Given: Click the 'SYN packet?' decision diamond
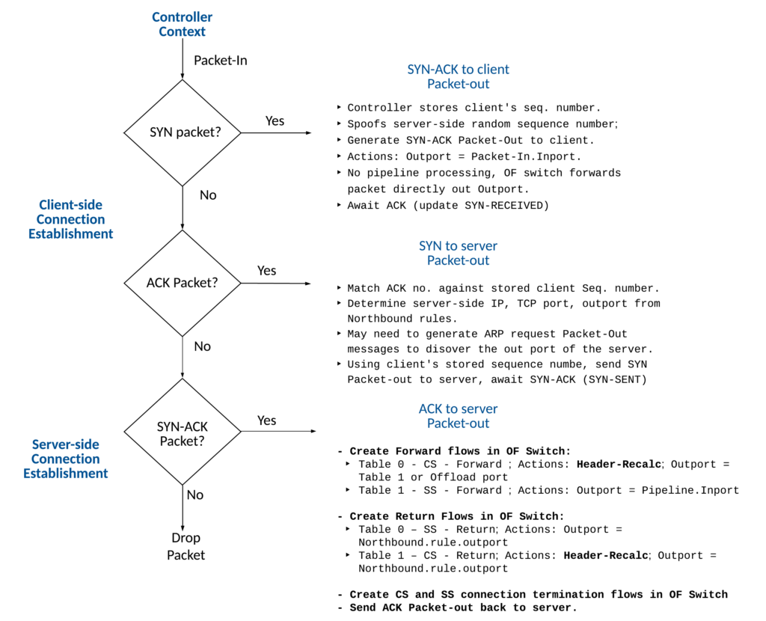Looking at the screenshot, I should point(183,132).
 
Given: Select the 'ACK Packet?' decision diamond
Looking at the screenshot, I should point(183,283).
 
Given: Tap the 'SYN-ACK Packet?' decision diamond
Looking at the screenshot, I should point(183,433).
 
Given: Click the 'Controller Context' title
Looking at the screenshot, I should point(182,24).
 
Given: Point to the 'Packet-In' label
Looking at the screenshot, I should point(220,60).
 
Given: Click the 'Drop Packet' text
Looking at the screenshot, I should point(186,546).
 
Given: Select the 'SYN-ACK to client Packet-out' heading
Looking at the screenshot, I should point(458,76).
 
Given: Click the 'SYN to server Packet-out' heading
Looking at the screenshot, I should point(458,253).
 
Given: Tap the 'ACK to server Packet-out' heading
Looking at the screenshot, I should point(458,415).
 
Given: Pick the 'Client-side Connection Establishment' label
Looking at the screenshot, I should point(70,219).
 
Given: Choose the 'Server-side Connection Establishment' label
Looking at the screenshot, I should point(66,459).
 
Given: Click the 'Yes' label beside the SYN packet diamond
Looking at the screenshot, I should point(275,120).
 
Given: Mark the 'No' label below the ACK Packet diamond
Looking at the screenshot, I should point(202,346).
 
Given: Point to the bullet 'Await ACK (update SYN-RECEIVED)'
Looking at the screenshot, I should point(447,206).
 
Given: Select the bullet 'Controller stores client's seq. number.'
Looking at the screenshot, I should point(474,108).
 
